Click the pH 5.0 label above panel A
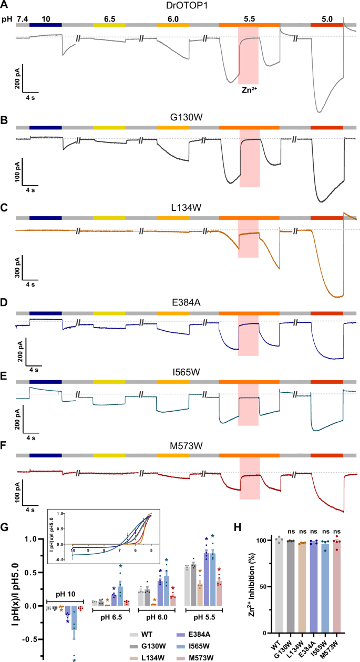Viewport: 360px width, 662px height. click(326, 18)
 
